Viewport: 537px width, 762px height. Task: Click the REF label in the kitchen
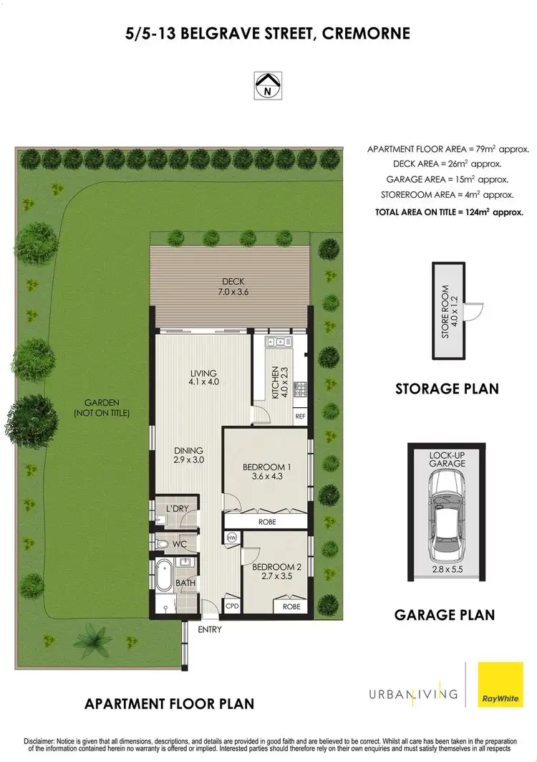pos(300,416)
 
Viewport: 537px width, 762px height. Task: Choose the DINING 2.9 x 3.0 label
pos(189,455)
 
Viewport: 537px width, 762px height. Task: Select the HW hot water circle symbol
pos(231,538)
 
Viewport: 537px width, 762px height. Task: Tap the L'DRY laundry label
pos(176,508)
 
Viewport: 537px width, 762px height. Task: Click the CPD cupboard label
pos(231,606)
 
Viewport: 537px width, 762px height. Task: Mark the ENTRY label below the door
pos(209,630)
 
